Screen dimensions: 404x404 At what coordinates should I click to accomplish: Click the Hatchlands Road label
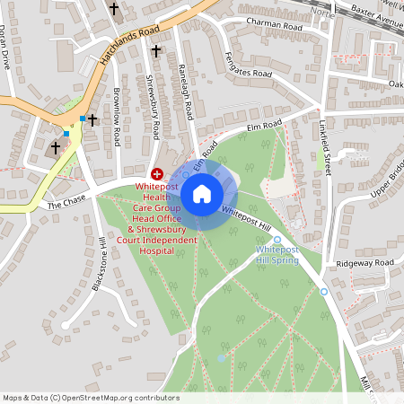coord(129,42)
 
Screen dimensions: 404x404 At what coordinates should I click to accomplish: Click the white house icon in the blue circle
coord(202,193)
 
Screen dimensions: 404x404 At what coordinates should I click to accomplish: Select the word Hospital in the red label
coord(156,250)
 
